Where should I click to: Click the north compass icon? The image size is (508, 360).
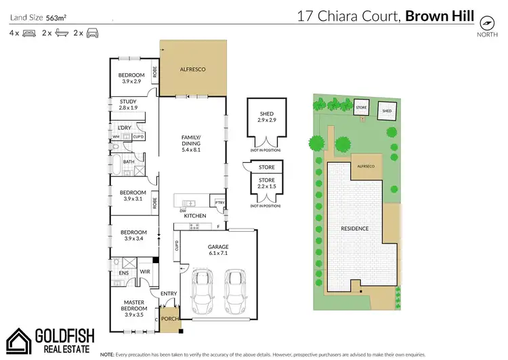[485, 20]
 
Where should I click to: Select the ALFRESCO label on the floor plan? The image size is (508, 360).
[192, 69]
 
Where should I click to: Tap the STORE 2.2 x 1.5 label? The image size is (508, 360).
[266, 184]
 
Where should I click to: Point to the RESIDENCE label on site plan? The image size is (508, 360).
[354, 228]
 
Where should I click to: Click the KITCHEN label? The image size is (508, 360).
[195, 216]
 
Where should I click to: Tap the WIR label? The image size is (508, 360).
[144, 272]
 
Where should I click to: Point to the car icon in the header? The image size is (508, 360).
[92, 33]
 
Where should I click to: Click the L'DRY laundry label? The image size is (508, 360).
[124, 128]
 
